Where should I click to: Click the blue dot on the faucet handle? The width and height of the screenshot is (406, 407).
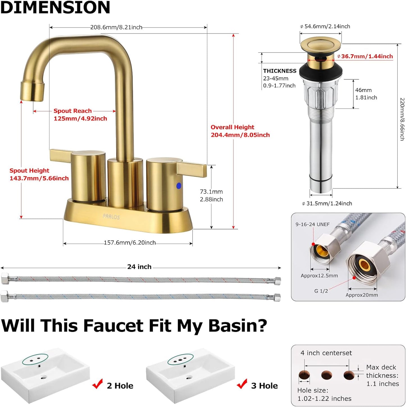pyautogui.click(x=179, y=186)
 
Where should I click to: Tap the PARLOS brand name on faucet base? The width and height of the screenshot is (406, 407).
pyautogui.click(x=111, y=217)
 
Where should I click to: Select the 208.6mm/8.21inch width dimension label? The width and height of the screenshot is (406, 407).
pyautogui.click(x=116, y=27)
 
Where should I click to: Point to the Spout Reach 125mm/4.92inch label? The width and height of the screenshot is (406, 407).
pyautogui.click(x=80, y=115)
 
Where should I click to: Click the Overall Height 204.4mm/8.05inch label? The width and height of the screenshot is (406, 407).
pyautogui.click(x=240, y=131)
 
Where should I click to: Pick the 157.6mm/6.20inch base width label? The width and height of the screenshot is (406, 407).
pyautogui.click(x=130, y=242)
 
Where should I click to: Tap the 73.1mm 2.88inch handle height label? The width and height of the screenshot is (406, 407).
pyautogui.click(x=211, y=195)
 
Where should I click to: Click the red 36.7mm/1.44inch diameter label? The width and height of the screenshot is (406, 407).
pyautogui.click(x=367, y=56)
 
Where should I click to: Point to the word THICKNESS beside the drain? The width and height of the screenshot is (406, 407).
pyautogui.click(x=280, y=71)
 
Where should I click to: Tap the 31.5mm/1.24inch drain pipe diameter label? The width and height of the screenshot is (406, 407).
pyautogui.click(x=329, y=203)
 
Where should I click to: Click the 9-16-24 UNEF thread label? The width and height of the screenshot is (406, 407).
pyautogui.click(x=312, y=224)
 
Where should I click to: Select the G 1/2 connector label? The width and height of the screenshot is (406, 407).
pyautogui.click(x=321, y=291)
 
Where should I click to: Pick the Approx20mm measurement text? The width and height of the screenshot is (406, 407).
pyautogui.click(x=362, y=295)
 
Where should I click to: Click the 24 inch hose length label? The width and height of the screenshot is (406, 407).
pyautogui.click(x=139, y=267)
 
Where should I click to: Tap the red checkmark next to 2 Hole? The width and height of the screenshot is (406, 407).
pyautogui.click(x=97, y=384)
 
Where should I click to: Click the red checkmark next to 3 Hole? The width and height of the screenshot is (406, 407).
pyautogui.click(x=242, y=384)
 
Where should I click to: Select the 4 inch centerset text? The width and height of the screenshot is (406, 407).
pyautogui.click(x=326, y=353)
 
